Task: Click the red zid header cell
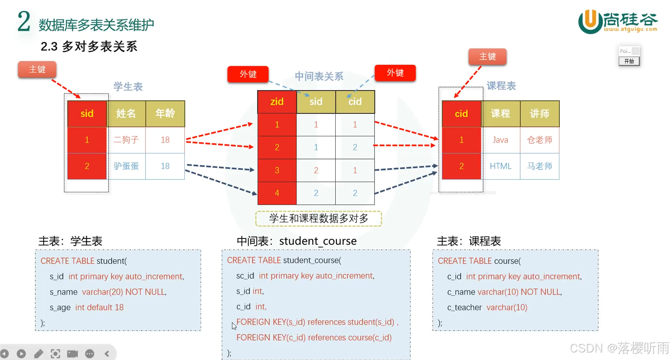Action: point(277,102)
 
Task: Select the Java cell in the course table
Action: point(500,140)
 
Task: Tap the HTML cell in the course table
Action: point(500,166)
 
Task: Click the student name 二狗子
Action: point(126,140)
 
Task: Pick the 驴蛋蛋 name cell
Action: point(126,166)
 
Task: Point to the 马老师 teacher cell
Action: point(540,166)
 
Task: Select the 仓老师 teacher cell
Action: point(540,140)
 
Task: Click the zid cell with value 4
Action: point(277,193)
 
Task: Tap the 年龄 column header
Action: point(165,114)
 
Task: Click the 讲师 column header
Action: point(540,114)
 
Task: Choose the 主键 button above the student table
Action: point(37,70)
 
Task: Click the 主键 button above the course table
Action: point(487,57)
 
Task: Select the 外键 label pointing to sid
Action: point(248,74)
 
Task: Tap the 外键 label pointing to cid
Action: point(395,73)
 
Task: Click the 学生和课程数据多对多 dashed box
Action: point(319,219)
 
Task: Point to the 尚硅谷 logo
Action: point(617,22)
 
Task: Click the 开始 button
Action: point(629,61)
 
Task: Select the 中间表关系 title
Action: point(319,76)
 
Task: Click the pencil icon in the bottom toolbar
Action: point(39,354)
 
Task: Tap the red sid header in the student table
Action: point(87,114)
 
